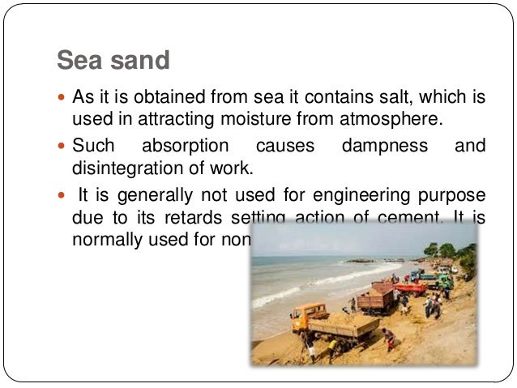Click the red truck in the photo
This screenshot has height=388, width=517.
coord(408,288)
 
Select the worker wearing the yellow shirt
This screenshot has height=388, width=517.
coord(332,346)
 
